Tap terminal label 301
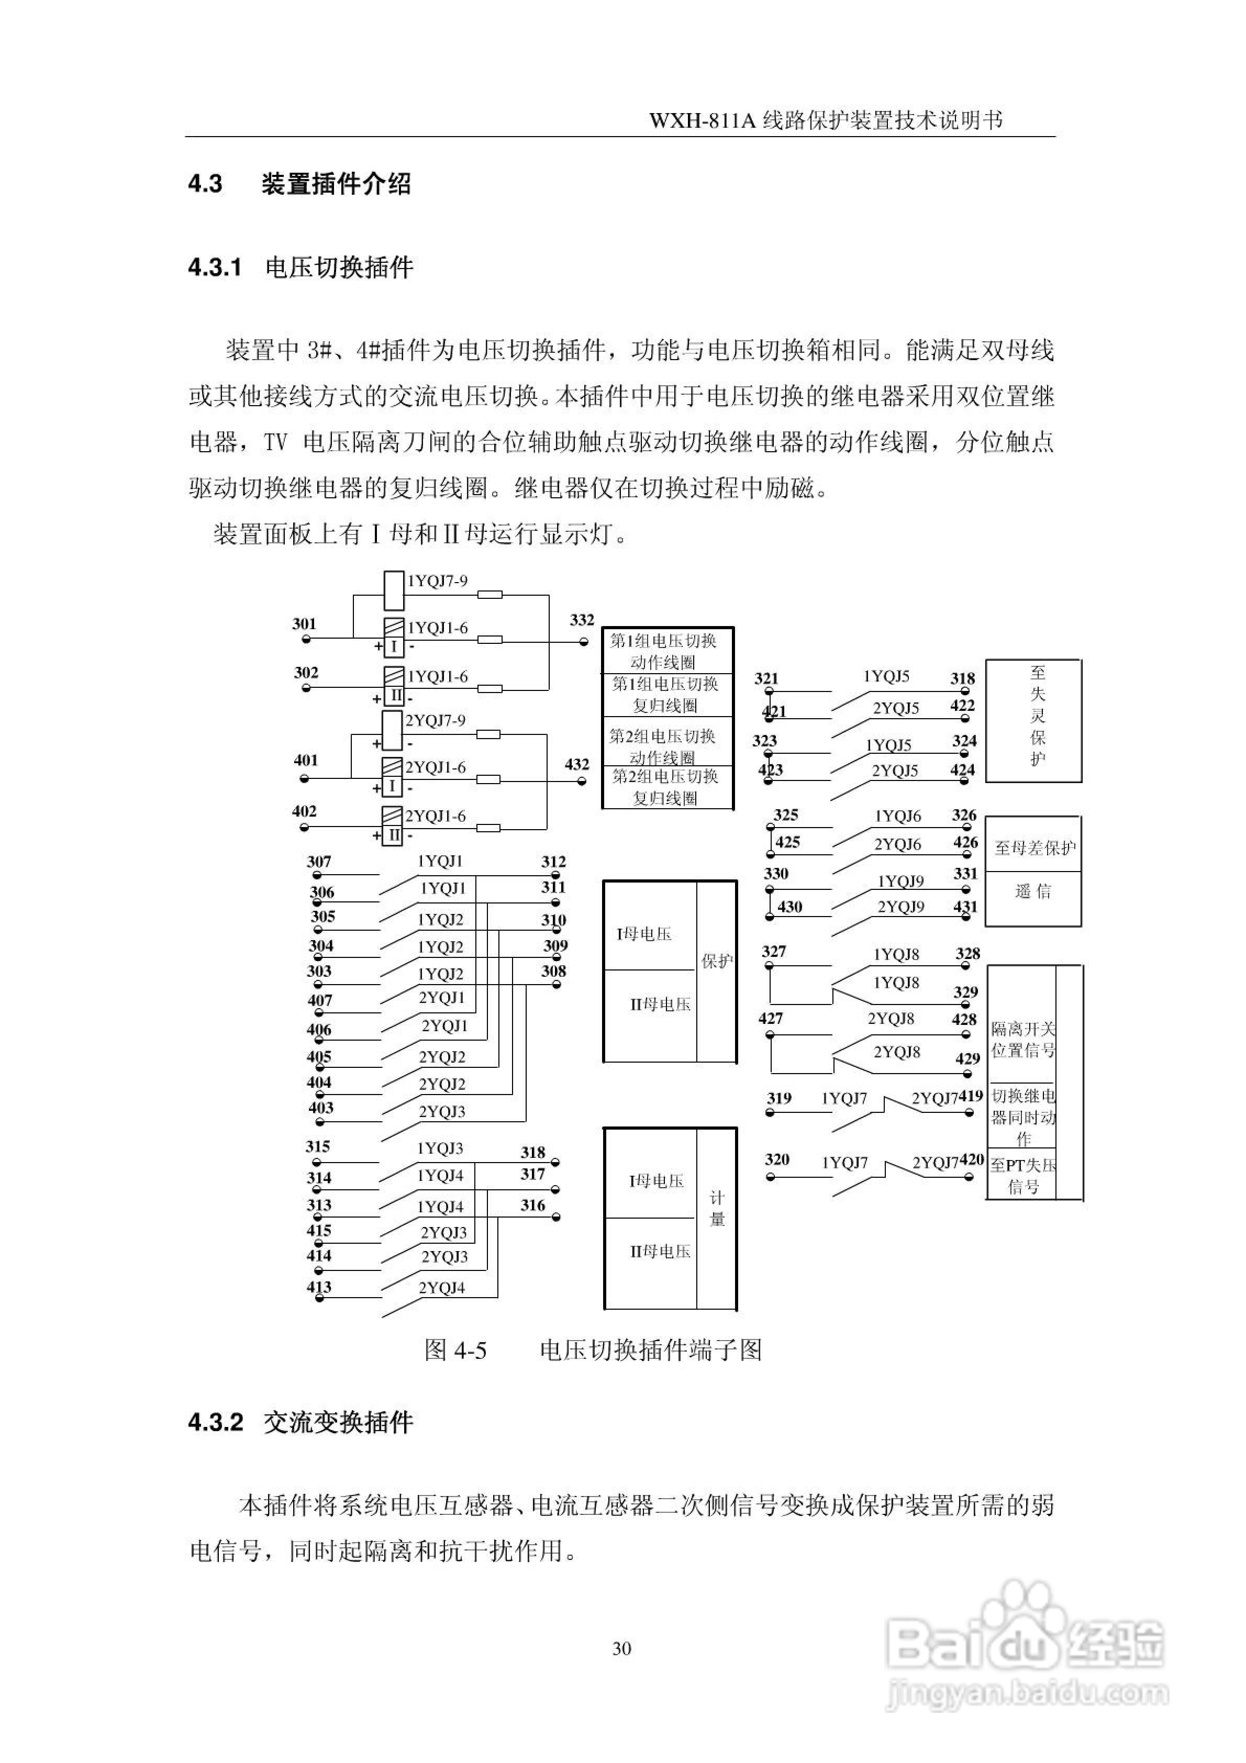pyautogui.click(x=304, y=623)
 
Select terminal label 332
pyautogui.click(x=582, y=620)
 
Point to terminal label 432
pyautogui.click(x=577, y=765)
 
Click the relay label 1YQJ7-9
pyautogui.click(x=436, y=581)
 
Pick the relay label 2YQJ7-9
pyautogui.click(x=435, y=720)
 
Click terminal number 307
pyautogui.click(x=319, y=862)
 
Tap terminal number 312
pyautogui.click(x=553, y=862)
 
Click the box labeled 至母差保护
pyautogui.click(x=1034, y=847)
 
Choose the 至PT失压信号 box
pyautogui.click(x=1022, y=1176)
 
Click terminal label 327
pyautogui.click(x=774, y=951)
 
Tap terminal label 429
pyautogui.click(x=967, y=1058)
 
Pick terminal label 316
pyautogui.click(x=532, y=1205)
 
